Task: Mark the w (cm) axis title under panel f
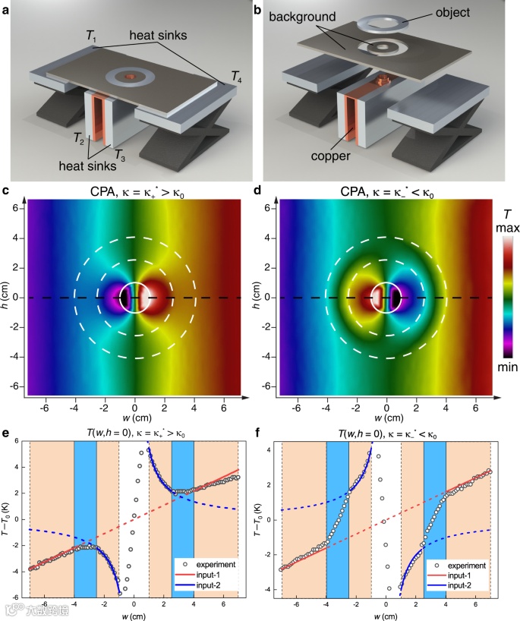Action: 386,614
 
